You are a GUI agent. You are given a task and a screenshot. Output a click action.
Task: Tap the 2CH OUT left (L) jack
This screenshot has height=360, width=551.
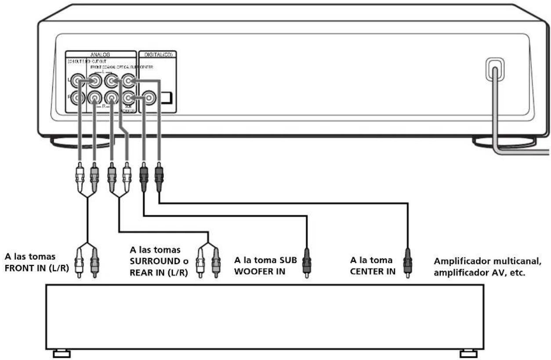78,81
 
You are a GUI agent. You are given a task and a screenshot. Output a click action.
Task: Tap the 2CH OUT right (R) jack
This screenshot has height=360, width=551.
78,97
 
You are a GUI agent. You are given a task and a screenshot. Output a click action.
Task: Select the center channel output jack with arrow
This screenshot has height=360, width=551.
128,81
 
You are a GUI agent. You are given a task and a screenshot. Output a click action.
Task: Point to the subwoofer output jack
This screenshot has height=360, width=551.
128,97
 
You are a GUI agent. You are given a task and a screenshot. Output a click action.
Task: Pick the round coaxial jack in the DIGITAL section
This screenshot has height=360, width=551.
149,97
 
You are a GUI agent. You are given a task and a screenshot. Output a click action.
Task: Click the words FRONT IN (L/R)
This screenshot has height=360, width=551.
36,269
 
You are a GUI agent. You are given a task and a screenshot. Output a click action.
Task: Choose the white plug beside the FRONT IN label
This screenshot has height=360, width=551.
80,263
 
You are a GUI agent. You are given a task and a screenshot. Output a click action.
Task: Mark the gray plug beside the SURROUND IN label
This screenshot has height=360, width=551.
215,263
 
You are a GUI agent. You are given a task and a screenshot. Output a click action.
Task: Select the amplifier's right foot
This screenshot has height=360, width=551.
468,353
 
